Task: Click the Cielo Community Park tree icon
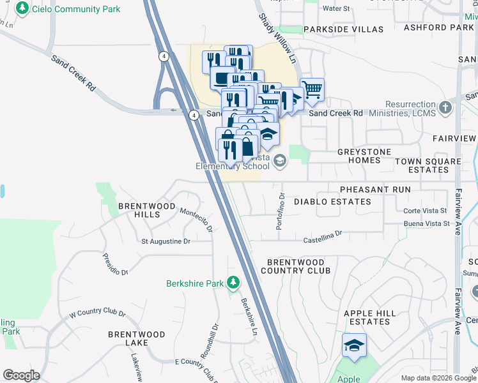point(23,8)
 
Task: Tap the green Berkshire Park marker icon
point(234,282)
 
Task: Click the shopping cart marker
point(312,90)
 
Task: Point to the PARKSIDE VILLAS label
point(344,29)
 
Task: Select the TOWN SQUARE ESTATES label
point(428,166)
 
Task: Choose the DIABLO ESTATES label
point(332,202)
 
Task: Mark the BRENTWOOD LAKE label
point(137,338)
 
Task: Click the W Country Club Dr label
point(97,312)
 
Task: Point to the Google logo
point(22,375)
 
